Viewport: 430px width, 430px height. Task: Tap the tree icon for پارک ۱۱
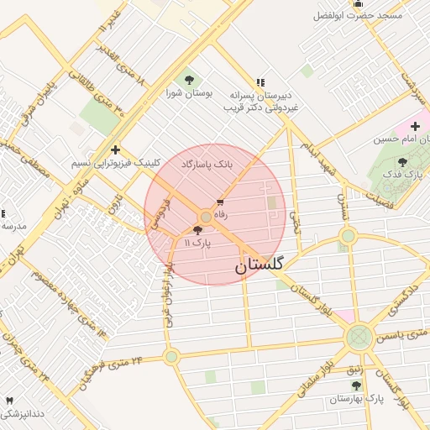click(x=198, y=230)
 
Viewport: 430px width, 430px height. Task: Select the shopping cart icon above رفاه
click(x=220, y=202)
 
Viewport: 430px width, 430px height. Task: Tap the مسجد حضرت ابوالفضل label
click(x=358, y=15)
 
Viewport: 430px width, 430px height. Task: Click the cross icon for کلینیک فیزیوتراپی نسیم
click(x=115, y=149)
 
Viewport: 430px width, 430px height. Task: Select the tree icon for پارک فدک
click(x=402, y=162)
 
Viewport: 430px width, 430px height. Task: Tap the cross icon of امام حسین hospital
click(x=415, y=126)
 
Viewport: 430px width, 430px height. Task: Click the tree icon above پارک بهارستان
click(x=356, y=385)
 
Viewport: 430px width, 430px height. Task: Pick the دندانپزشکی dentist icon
click(x=10, y=401)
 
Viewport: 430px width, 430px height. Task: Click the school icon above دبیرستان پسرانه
click(x=260, y=82)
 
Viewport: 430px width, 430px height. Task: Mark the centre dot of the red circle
click(x=206, y=217)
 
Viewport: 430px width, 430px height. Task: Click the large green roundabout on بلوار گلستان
click(x=359, y=338)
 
